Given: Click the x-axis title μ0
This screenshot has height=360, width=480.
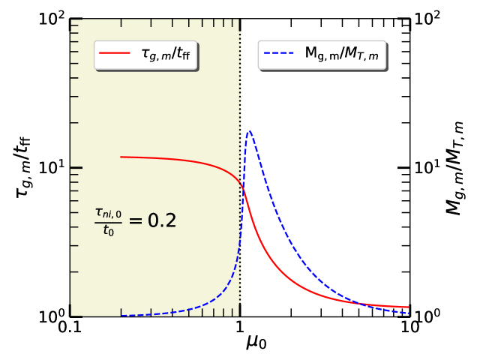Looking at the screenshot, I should tap(256, 343).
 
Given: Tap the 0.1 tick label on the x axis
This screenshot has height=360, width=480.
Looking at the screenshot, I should tap(70, 328).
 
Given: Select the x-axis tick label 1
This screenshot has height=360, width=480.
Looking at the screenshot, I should tap(240, 328).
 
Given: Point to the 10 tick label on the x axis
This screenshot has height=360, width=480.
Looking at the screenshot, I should tap(409, 328).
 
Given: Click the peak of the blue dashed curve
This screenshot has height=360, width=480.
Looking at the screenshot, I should tap(249, 131).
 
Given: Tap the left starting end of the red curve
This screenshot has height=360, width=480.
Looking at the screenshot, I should tap(121, 157).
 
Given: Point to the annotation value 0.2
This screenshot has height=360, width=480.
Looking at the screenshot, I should tap(159, 220).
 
